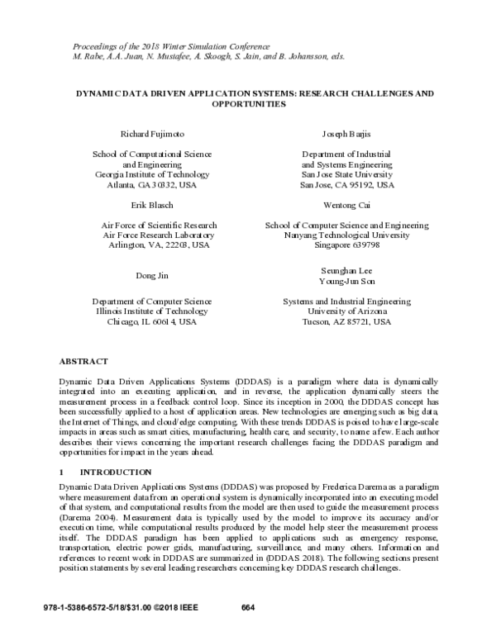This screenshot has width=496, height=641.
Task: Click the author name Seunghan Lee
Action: tap(346, 270)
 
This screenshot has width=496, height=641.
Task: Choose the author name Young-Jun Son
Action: tap(346, 281)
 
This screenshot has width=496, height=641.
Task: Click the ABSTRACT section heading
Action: tap(83, 362)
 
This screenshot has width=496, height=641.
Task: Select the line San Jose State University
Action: tap(346, 175)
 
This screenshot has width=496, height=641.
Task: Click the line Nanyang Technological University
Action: tap(346, 235)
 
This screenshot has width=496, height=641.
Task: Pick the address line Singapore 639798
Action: tap(346, 245)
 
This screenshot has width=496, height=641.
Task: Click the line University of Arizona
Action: tap(346, 311)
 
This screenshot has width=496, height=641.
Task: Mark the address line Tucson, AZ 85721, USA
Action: tap(346, 322)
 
